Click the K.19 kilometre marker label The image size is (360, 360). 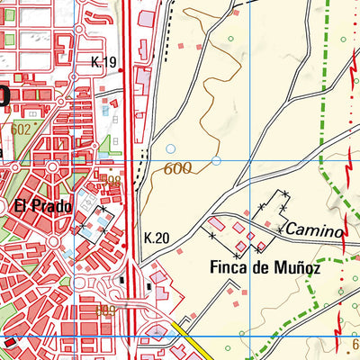click(105, 62)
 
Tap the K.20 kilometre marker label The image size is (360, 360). click(156, 238)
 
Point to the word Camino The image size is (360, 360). click(316, 231)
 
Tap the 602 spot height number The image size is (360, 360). click(21, 129)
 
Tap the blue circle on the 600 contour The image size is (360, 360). click(216, 161)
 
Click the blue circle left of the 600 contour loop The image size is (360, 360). click(171, 148)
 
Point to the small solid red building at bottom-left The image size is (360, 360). click(10, 343)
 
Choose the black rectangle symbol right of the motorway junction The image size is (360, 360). click(149, 286)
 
